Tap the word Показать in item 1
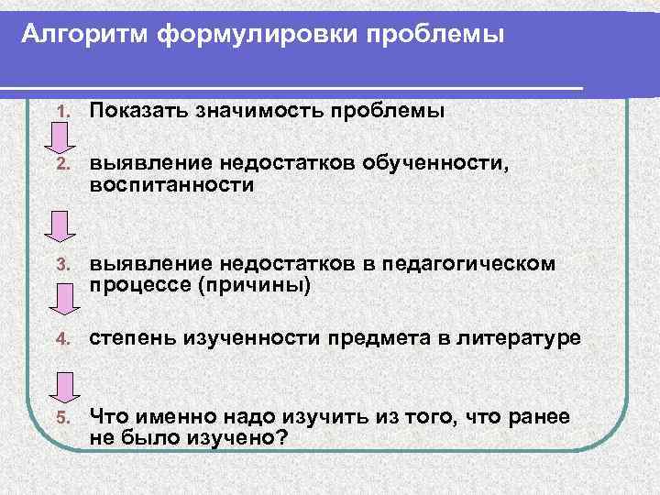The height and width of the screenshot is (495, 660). [139, 111]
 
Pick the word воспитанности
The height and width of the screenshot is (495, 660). [170, 185]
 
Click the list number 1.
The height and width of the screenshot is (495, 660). [61, 112]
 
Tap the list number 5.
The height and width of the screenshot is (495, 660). [61, 418]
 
